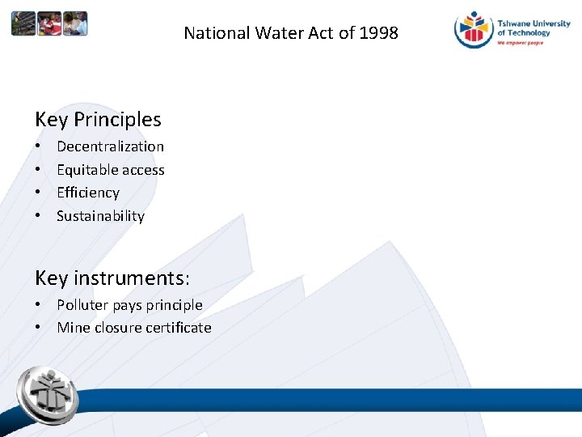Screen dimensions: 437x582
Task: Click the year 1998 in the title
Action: pos(379,33)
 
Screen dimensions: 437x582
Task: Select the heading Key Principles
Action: pos(98,120)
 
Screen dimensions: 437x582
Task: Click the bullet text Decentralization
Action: pos(110,146)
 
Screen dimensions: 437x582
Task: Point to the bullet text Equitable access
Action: pos(110,170)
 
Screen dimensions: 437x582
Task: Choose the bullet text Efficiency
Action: pos(87,193)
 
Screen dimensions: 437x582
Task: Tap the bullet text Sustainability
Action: pos(100,216)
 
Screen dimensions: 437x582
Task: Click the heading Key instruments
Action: pos(112,278)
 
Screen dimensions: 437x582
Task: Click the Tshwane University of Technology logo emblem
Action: pos(474,30)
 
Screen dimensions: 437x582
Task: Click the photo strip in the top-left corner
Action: pos(49,23)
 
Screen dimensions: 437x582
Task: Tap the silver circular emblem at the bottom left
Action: pos(48,394)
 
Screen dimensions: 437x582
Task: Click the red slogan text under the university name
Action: pos(521,42)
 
